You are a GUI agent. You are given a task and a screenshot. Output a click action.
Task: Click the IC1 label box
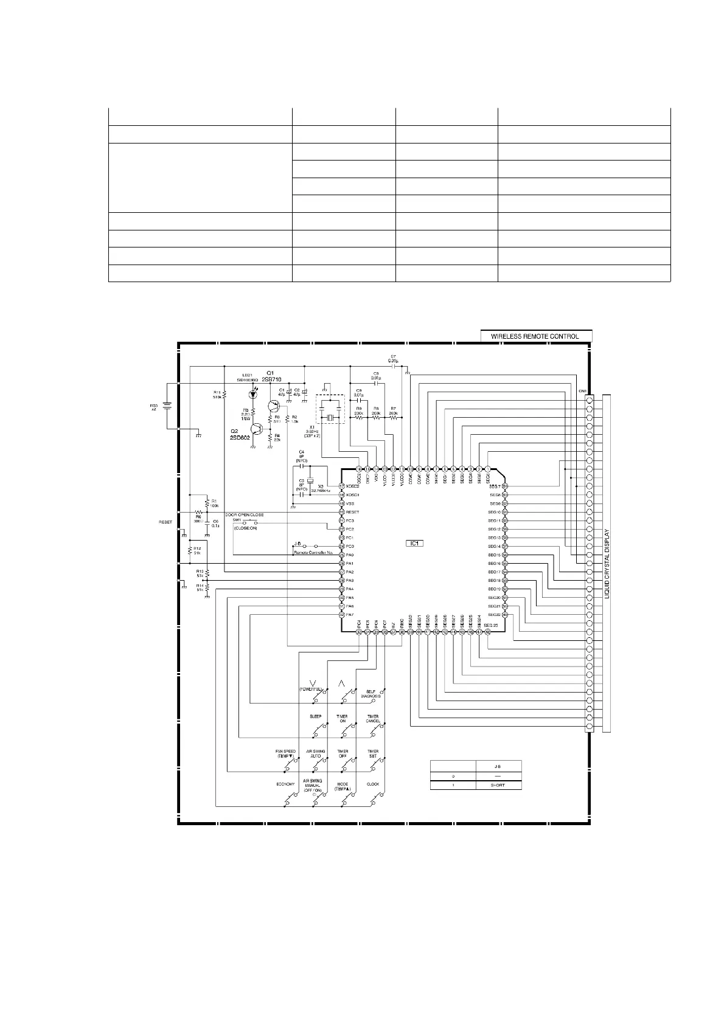pos(414,543)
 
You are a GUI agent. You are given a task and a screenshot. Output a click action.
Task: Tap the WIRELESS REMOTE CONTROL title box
pos(535,336)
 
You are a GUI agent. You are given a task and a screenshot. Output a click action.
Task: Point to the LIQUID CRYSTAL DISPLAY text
pos(608,562)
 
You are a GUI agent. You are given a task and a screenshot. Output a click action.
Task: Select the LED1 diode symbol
pos(253,395)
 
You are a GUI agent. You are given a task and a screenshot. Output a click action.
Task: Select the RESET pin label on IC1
pos(353,512)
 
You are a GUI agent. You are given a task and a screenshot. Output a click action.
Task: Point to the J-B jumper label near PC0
pos(298,543)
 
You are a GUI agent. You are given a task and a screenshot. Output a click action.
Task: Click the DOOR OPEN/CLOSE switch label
pos(244,514)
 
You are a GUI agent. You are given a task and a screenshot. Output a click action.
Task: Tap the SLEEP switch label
pos(316,716)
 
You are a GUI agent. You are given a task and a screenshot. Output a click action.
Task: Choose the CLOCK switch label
pos(373,784)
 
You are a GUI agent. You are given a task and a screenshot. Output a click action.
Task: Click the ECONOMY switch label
pos(285,784)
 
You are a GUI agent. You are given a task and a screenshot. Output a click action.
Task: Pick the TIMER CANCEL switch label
pos(373,719)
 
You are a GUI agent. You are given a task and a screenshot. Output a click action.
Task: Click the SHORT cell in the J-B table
pos(498,785)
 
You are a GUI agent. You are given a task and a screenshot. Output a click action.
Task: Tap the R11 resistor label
pos(217,394)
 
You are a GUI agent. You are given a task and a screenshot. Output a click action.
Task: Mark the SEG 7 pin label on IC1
pos(494,486)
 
